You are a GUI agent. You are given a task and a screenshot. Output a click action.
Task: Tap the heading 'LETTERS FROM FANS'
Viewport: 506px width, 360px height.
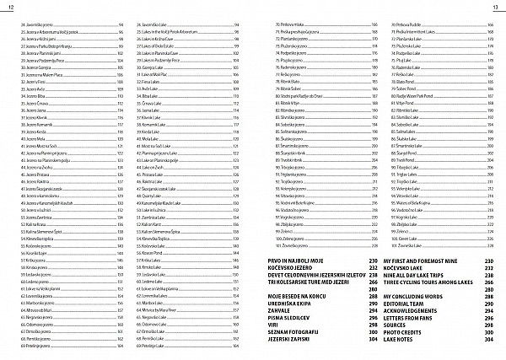416,318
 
